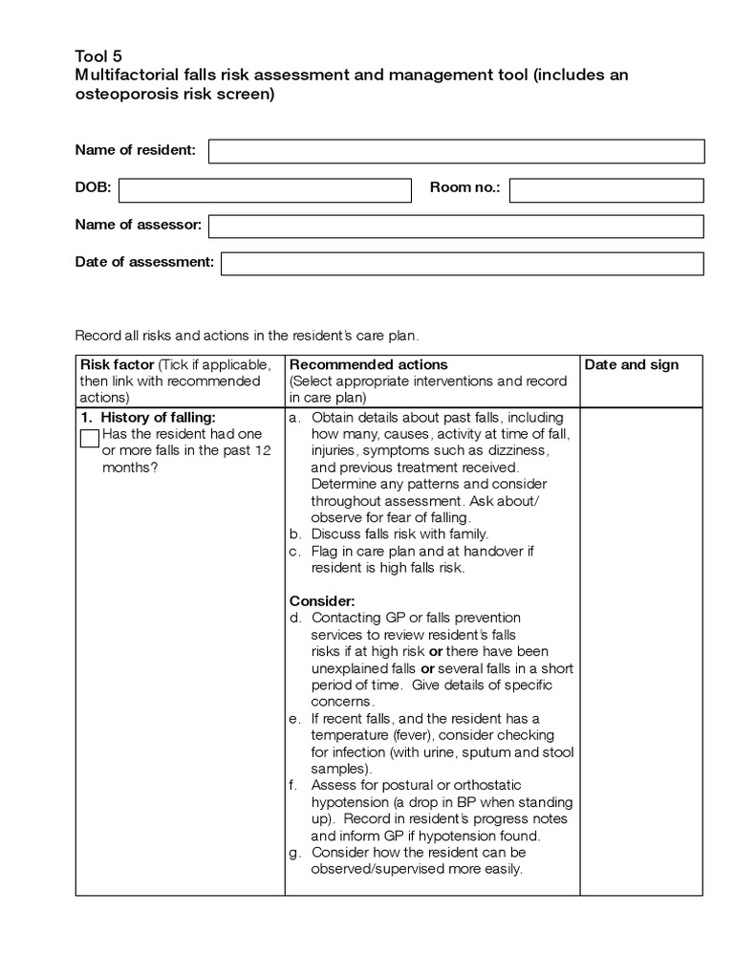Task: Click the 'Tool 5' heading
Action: tap(98, 55)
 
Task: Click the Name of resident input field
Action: tap(456, 151)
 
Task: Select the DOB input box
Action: tap(265, 189)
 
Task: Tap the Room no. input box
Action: tap(607, 189)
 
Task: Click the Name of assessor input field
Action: tap(456, 226)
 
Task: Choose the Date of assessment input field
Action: tap(462, 263)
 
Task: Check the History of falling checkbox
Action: tap(89, 438)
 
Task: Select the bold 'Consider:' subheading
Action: tap(322, 601)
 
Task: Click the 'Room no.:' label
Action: tap(464, 188)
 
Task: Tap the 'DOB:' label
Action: tap(93, 188)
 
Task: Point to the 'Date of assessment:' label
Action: tap(144, 262)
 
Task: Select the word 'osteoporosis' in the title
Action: tap(119, 96)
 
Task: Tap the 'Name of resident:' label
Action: tap(136, 150)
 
